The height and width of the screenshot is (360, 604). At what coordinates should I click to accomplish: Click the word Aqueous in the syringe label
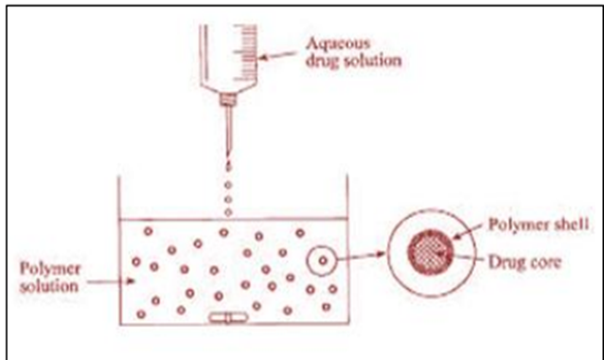338,44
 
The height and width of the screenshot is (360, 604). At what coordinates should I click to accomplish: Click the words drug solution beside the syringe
354,61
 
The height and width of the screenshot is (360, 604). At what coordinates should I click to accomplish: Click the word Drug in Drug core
505,262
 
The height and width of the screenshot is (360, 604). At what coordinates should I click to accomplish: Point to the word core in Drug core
544,262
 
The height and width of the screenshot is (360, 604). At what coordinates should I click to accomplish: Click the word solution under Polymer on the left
49,286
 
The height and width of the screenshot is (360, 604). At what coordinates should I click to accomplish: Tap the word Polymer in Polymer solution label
50,269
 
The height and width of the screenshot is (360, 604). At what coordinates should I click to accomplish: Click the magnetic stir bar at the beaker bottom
228,318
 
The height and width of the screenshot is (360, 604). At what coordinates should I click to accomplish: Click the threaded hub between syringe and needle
228,99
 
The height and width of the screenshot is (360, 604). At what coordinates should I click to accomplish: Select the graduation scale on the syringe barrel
245,52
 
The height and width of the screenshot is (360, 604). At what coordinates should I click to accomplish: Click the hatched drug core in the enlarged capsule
430,252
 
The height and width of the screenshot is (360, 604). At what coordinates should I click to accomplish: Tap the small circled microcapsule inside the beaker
322,261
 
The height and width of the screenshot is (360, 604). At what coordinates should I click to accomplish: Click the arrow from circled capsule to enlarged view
362,256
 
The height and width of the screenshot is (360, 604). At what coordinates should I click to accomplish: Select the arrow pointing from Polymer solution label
111,281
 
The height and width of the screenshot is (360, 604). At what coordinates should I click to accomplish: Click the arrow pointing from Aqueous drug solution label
277,56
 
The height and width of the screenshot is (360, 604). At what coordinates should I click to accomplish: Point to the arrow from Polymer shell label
467,231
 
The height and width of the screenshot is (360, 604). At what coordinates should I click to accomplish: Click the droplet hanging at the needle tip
228,166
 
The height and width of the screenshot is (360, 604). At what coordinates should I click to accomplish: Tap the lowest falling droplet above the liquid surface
228,212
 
